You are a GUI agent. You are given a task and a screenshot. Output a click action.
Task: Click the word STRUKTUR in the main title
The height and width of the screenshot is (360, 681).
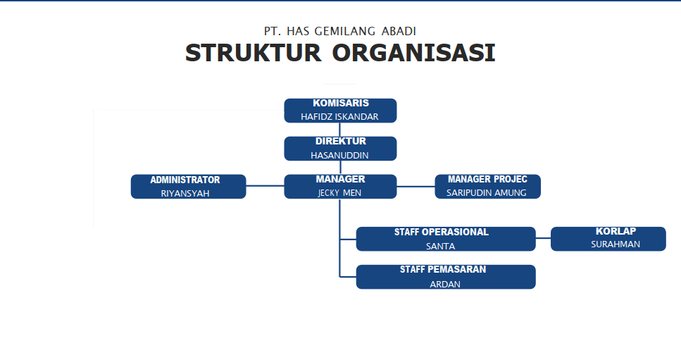[254, 53]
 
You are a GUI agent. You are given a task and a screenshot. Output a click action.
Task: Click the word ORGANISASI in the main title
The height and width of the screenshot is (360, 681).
[414, 53]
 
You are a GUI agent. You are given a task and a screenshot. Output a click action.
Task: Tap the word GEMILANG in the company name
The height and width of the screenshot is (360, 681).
[345, 31]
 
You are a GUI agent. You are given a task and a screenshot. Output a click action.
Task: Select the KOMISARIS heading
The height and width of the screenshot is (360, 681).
[341, 103]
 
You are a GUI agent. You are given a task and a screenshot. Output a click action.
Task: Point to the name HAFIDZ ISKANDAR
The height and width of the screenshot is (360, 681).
[339, 116]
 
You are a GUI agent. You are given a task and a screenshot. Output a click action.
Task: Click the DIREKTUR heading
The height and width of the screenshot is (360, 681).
[341, 141]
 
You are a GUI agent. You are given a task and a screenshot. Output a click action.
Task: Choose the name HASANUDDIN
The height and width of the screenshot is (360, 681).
[339, 155]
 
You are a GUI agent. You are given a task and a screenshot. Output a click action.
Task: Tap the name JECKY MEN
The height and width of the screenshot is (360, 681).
[339, 193]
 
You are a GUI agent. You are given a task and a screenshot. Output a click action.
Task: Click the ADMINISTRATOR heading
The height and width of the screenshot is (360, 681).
[185, 180]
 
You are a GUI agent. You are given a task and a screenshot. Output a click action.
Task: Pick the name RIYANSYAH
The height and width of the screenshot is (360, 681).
[185, 193]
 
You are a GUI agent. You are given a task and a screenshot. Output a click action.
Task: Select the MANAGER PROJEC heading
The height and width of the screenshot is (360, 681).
[487, 179]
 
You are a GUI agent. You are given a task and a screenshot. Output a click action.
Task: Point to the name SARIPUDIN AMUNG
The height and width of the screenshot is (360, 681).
[487, 193]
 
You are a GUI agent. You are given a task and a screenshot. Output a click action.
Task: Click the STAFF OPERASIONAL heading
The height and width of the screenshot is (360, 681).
[442, 232]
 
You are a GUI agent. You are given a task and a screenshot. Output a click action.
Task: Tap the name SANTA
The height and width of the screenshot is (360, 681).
[440, 247]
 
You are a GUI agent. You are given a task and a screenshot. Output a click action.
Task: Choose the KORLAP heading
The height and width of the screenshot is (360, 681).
[616, 231]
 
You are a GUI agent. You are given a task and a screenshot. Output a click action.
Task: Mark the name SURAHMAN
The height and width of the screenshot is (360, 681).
[616, 244]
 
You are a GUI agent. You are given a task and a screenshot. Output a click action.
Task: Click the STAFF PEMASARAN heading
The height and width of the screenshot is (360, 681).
[443, 269]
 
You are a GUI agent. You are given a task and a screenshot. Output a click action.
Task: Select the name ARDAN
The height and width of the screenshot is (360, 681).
[445, 285]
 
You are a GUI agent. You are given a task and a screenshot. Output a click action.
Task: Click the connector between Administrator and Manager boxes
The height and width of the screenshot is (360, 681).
[265, 186]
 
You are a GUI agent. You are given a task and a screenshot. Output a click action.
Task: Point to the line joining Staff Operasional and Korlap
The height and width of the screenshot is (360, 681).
[543, 238]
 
